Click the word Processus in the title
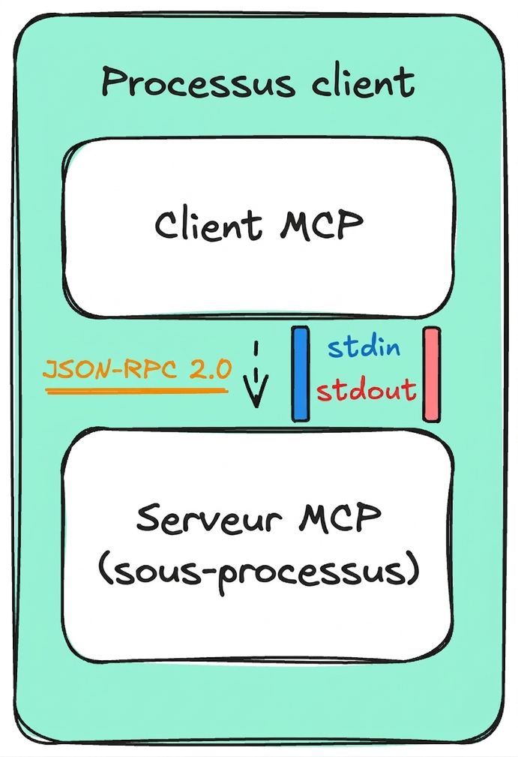click(197, 82)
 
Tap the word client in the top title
click(363, 80)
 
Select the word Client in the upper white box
click(208, 224)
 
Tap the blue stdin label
click(364, 347)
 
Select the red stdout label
click(366, 389)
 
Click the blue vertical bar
click(300, 374)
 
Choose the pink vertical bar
click(431, 374)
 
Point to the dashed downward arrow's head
click(256, 393)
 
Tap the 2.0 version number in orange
click(211, 369)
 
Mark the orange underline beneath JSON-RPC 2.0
click(136, 390)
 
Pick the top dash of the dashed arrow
click(256, 349)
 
